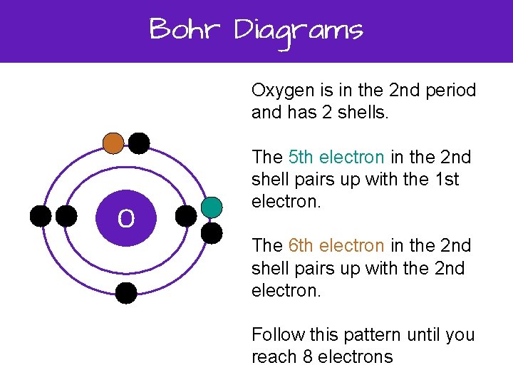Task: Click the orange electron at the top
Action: coord(113,143)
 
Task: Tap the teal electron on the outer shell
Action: coord(212,207)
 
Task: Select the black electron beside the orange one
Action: coord(138,143)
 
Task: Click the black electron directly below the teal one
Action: coord(212,232)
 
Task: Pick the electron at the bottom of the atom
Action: coord(126,293)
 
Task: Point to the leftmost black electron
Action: coord(41,216)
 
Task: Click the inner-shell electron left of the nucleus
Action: coord(66,216)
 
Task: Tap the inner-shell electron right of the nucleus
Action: coord(186,216)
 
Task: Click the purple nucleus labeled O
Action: coord(126,220)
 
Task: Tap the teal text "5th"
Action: coord(302,157)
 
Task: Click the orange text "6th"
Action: coord(302,246)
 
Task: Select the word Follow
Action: coord(274,335)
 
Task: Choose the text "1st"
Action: coord(445,180)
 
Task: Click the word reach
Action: coord(274,357)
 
